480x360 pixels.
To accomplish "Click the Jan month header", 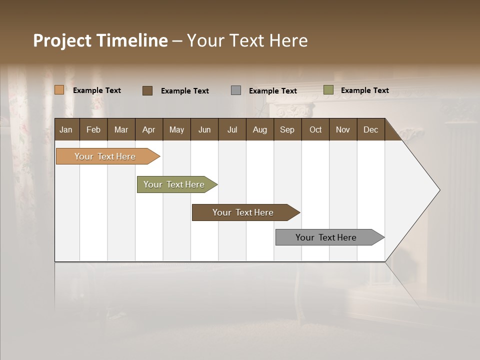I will coord(66,129).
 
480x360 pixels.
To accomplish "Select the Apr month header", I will coord(148,129).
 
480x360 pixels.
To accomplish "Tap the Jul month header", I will coord(232,129).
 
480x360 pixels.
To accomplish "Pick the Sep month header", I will coord(287,129).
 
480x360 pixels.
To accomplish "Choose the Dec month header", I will coord(370,129).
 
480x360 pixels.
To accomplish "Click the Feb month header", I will coord(93,129).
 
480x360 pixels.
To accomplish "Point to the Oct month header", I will coord(315,129).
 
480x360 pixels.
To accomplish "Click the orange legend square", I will coord(59,90).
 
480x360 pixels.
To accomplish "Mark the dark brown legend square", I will coord(147,90).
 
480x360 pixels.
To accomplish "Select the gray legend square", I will coord(236,90).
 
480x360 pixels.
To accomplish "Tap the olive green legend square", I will coord(328,90).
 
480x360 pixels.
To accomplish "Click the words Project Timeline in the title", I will coord(100,40).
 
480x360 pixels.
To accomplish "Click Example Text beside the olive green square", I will coord(364,90).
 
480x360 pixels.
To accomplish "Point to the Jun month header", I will coord(204,129).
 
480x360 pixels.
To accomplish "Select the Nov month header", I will coord(342,129).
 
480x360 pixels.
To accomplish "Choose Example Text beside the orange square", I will coord(97,90).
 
